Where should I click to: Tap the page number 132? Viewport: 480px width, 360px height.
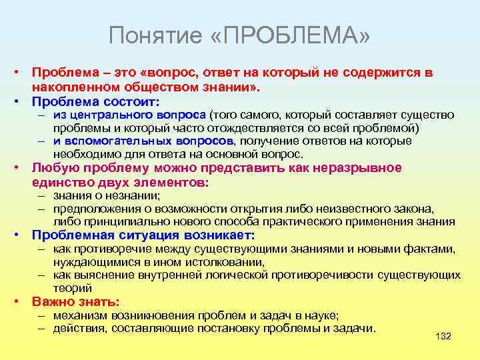coord(443,336)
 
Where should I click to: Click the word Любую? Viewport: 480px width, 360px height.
coord(53,167)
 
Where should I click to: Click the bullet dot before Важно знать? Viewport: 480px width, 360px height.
coord(21,302)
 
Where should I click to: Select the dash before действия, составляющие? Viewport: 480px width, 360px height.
coord(41,328)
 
